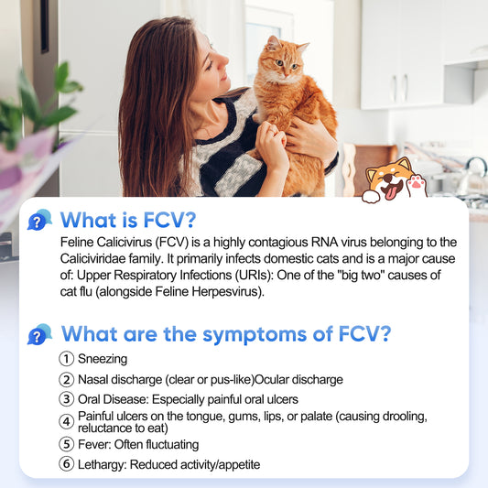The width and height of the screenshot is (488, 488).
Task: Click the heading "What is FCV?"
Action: click(x=128, y=221)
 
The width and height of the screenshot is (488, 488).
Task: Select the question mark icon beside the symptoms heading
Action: click(x=38, y=334)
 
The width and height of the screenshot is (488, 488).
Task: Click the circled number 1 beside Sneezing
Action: click(x=66, y=359)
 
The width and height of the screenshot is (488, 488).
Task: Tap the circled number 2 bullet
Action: click(x=66, y=379)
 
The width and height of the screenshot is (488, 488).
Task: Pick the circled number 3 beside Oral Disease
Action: click(x=66, y=399)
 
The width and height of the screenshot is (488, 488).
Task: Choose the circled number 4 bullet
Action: click(x=66, y=422)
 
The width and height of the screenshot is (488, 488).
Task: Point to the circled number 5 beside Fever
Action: click(x=66, y=444)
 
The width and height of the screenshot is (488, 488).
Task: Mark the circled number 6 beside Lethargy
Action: click(x=66, y=464)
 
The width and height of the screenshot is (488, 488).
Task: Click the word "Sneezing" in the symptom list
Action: click(x=103, y=359)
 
